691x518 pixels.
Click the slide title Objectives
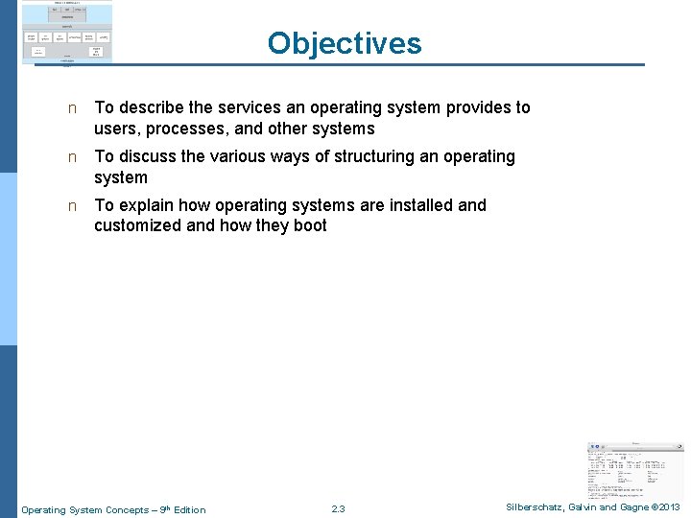[x=345, y=43]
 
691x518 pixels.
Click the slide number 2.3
[x=338, y=508]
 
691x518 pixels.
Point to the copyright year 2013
[x=668, y=507]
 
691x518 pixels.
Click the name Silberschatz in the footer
[x=538, y=507]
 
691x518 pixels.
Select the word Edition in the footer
[x=189, y=509]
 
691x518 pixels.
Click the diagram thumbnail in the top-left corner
[x=66, y=33]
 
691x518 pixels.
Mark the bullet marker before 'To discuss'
[x=71, y=156]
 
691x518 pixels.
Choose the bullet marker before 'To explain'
[x=71, y=205]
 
